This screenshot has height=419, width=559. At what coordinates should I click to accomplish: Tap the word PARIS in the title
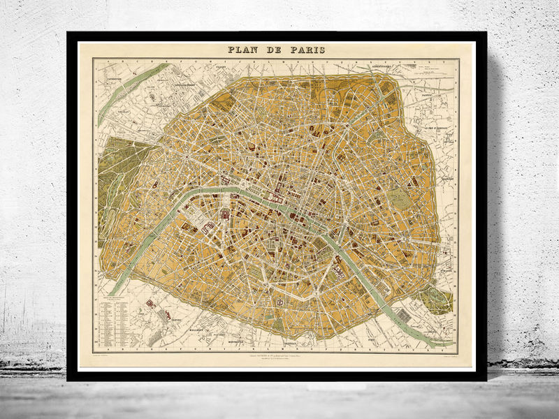click(308, 50)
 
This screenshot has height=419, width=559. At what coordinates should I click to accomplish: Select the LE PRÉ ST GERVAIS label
click(440, 128)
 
